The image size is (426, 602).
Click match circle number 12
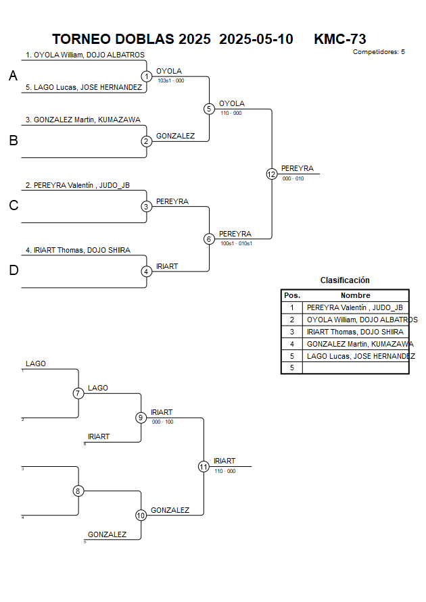(x=272, y=174)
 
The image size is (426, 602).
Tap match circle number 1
(x=147, y=76)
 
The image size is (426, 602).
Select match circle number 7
(x=78, y=393)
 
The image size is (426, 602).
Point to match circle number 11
(x=204, y=466)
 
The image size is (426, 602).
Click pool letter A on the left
(x=13, y=76)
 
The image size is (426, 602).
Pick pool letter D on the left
(x=13, y=271)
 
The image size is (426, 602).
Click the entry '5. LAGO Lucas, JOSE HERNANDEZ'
(x=84, y=87)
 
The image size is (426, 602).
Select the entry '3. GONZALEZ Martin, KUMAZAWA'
(x=83, y=120)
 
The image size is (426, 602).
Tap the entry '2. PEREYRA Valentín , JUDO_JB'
(x=77, y=184)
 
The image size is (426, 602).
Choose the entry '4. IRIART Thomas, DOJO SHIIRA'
(x=78, y=250)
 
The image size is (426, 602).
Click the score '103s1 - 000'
(x=170, y=80)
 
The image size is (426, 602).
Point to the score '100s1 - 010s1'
(x=236, y=243)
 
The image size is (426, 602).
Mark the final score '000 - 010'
(x=293, y=178)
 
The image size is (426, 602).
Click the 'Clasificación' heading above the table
(x=345, y=280)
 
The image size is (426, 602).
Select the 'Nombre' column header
(x=355, y=295)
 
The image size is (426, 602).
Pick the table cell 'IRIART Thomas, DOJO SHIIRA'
(x=355, y=332)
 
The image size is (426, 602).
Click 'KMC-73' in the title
(x=340, y=39)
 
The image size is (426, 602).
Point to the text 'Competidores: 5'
(x=379, y=51)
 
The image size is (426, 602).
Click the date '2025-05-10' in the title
(x=256, y=39)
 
